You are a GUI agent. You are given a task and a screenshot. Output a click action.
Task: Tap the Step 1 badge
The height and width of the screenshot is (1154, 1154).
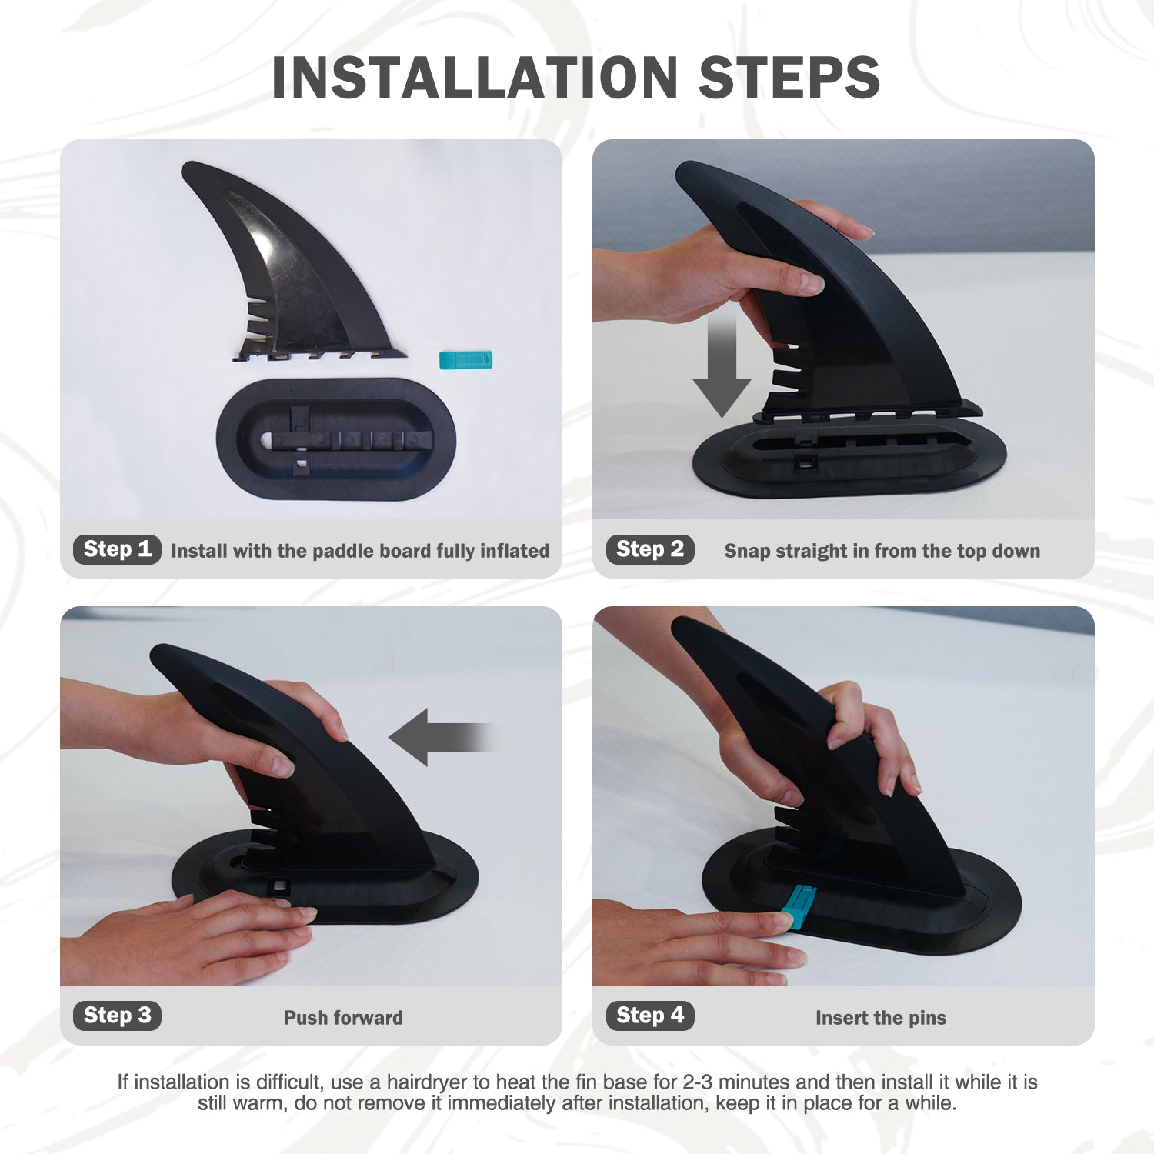point(117,549)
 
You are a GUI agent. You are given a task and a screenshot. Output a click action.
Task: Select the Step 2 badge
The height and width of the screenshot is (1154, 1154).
point(650,549)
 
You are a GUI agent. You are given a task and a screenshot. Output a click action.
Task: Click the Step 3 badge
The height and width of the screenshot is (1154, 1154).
point(117,1016)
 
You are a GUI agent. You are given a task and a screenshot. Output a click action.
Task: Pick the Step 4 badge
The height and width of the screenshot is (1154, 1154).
point(650,1016)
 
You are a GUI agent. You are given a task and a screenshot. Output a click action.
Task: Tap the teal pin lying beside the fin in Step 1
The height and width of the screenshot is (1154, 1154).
point(465,359)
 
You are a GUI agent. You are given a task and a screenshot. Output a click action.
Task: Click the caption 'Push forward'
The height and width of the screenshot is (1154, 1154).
point(343,1018)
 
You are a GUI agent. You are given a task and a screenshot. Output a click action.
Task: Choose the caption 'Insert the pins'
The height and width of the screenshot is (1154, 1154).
point(881,1018)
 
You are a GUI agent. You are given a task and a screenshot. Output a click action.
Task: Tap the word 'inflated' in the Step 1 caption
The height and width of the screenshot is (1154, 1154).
point(515,551)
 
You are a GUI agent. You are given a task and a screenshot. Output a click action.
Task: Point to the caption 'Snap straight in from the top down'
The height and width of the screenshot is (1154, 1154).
point(882,551)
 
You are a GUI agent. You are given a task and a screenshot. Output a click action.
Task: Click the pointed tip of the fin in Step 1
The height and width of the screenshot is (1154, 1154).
point(188,168)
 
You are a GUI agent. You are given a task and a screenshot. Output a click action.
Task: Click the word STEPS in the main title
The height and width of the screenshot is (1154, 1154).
point(789,78)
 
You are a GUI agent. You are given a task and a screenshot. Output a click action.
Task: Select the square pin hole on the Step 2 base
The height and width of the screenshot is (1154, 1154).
point(805,462)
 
